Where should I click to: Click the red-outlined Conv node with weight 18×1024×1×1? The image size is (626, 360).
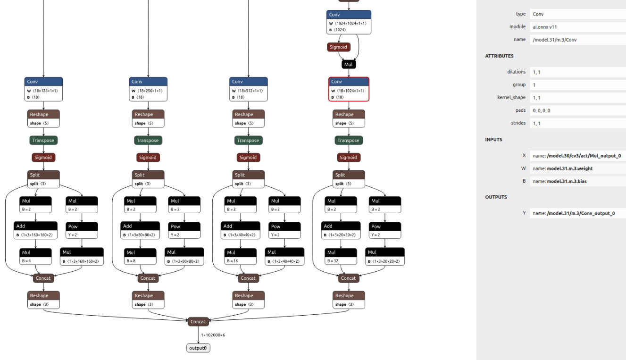click(349, 89)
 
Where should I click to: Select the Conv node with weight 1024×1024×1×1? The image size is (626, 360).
click(349, 22)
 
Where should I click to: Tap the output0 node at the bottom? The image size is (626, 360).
click(198, 348)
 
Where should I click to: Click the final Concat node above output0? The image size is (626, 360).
click(198, 321)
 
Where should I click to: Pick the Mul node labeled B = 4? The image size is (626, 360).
click(35, 257)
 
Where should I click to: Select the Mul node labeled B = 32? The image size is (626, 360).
click(341, 257)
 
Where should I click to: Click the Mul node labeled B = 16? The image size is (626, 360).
click(241, 257)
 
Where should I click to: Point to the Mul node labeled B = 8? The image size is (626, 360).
click(140, 257)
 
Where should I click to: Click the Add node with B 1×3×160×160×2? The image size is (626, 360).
click(35, 230)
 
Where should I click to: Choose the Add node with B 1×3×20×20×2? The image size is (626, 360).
click(341, 230)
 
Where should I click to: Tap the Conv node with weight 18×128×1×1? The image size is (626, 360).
click(44, 89)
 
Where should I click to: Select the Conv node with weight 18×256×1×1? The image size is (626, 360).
click(148, 89)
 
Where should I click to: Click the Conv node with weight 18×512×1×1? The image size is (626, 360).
click(249, 89)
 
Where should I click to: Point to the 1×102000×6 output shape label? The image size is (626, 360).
click(213, 335)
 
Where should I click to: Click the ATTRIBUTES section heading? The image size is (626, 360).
click(499, 56)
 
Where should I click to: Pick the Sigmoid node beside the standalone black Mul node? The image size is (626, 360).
click(338, 47)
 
